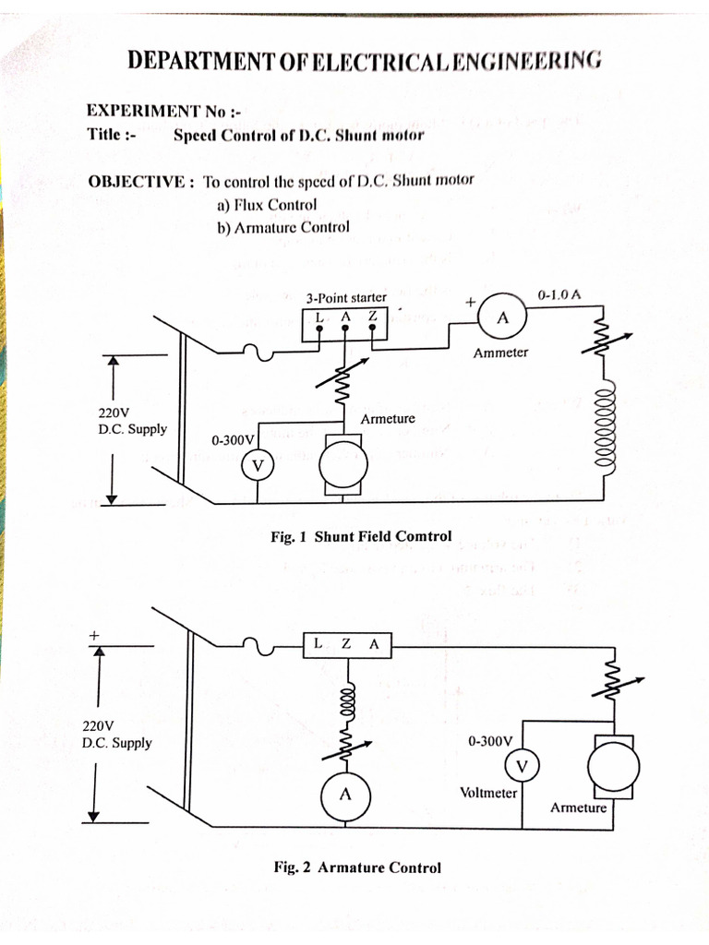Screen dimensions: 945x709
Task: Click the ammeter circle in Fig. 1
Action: pyautogui.click(x=502, y=318)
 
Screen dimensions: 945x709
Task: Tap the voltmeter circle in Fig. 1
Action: pyautogui.click(x=258, y=467)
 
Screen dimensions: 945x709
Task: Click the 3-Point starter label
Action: pyautogui.click(x=346, y=298)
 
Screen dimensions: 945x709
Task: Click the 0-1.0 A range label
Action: pyautogui.click(x=559, y=295)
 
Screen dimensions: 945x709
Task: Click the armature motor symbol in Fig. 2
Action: pyautogui.click(x=614, y=766)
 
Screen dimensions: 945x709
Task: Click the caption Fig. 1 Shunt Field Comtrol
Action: pyautogui.click(x=361, y=536)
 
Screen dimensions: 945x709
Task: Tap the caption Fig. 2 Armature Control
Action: pyautogui.click(x=357, y=867)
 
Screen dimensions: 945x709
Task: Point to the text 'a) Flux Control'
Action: pyautogui.click(x=267, y=205)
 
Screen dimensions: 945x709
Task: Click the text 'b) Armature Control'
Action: pyautogui.click(x=283, y=228)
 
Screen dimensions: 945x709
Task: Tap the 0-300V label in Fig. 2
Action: pyautogui.click(x=489, y=741)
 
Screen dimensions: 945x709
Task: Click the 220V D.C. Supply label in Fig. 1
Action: pyautogui.click(x=133, y=421)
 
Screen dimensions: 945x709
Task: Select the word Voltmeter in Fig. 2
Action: pyautogui.click(x=488, y=793)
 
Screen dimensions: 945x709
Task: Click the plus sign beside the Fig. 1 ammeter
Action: pyautogui.click(x=470, y=302)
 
